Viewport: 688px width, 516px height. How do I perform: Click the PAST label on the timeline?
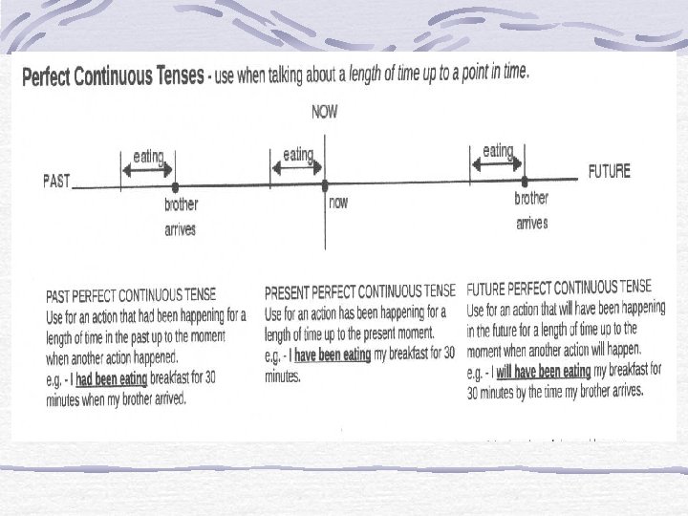(56, 182)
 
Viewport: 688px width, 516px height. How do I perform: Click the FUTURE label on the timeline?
(609, 172)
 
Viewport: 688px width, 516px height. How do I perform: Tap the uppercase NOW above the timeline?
(325, 112)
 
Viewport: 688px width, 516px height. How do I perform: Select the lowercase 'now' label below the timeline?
(338, 203)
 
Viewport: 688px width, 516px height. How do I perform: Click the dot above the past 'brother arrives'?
(174, 186)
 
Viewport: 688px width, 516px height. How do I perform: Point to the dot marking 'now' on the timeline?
(325, 184)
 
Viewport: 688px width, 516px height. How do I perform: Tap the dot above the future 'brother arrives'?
(525, 181)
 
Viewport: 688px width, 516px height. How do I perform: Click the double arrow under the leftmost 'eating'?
(147, 169)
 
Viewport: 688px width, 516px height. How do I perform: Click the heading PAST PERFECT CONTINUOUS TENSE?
(131, 293)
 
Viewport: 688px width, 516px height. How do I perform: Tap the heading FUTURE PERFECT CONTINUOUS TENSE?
(559, 287)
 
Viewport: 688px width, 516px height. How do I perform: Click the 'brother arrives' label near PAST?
(181, 217)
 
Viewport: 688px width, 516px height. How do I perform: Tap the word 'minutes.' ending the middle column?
(283, 376)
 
